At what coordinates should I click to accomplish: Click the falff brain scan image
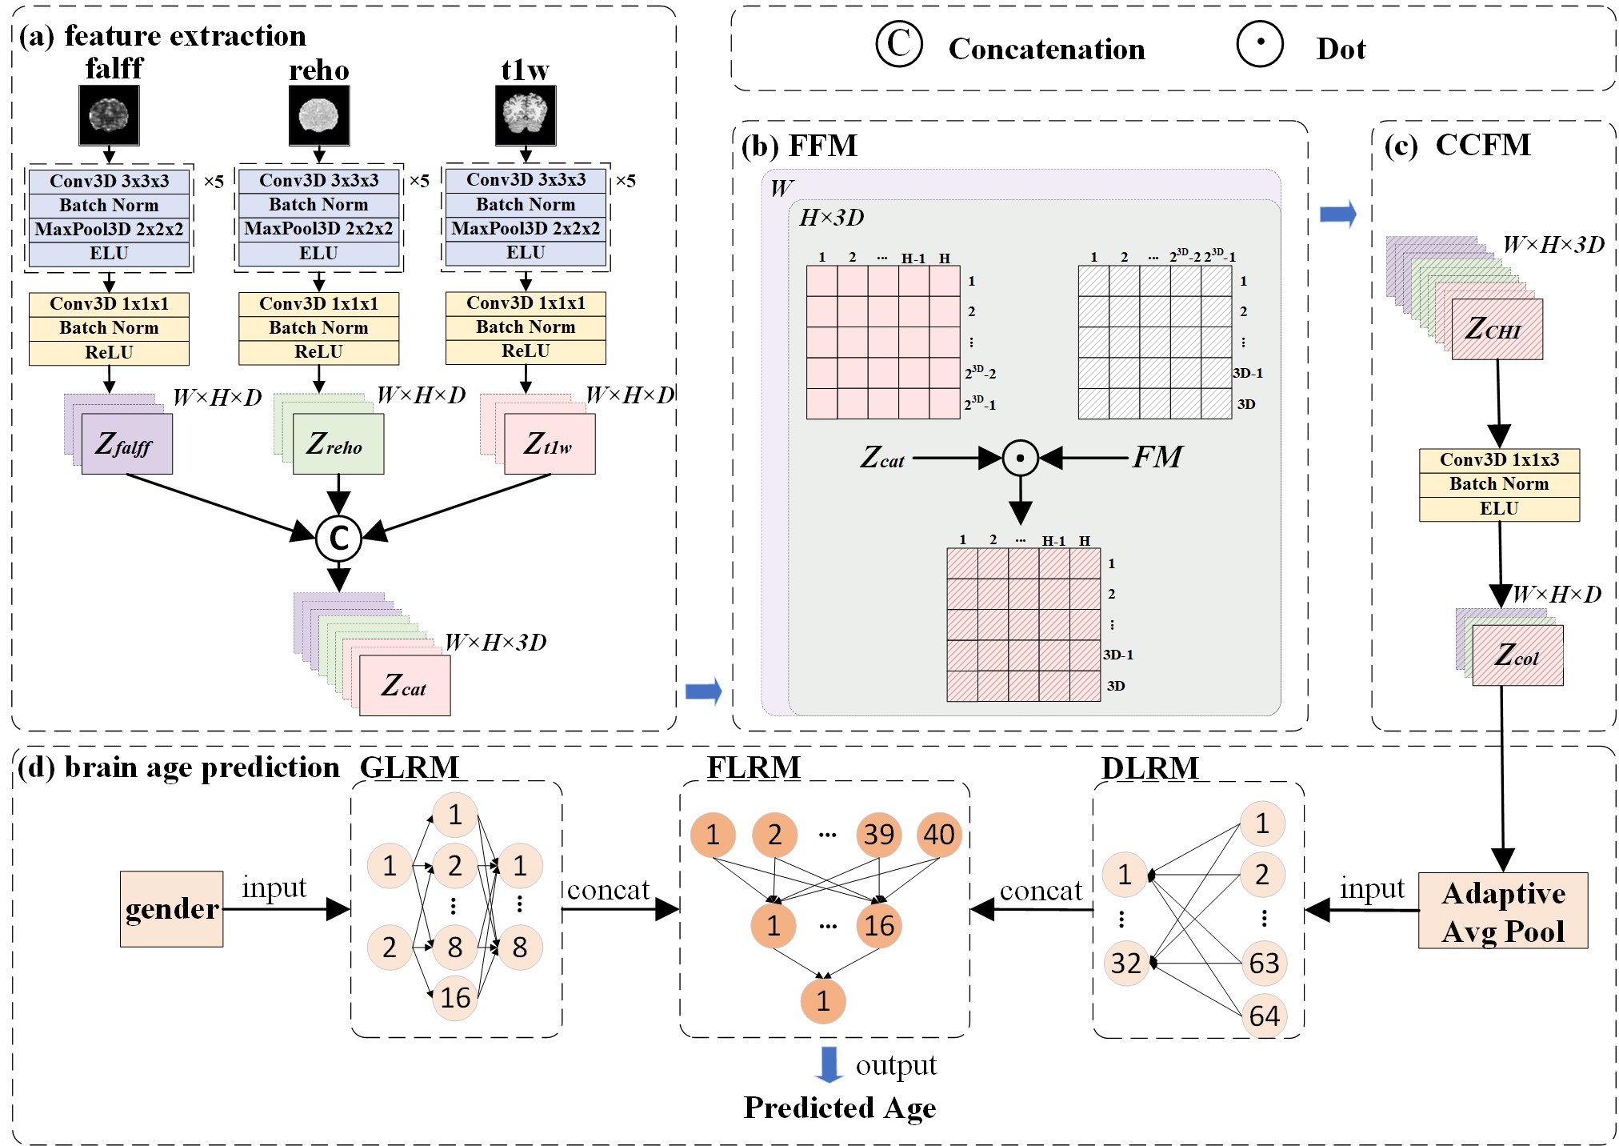click(109, 115)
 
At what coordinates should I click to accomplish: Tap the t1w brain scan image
click(526, 116)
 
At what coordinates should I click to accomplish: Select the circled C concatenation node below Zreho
click(338, 539)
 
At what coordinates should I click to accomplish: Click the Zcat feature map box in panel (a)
click(405, 685)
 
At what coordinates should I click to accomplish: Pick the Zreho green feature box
click(338, 444)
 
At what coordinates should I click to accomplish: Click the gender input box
click(171, 909)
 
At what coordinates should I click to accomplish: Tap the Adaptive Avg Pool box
click(1503, 911)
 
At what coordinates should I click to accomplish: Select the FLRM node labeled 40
click(938, 835)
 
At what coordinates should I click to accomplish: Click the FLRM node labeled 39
click(878, 835)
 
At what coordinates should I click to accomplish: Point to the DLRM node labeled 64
click(1264, 1016)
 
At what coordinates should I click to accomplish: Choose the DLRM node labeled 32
click(1125, 963)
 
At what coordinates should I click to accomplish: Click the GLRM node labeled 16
click(454, 997)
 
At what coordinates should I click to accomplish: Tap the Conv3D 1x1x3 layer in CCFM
click(1499, 460)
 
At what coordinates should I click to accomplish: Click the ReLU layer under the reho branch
click(318, 352)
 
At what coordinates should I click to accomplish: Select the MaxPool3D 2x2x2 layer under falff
click(109, 230)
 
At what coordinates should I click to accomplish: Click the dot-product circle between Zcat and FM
click(1020, 459)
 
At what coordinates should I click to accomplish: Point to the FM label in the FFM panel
click(1157, 457)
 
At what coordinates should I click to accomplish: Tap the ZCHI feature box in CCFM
click(1497, 329)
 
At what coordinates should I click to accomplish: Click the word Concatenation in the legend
click(1046, 50)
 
